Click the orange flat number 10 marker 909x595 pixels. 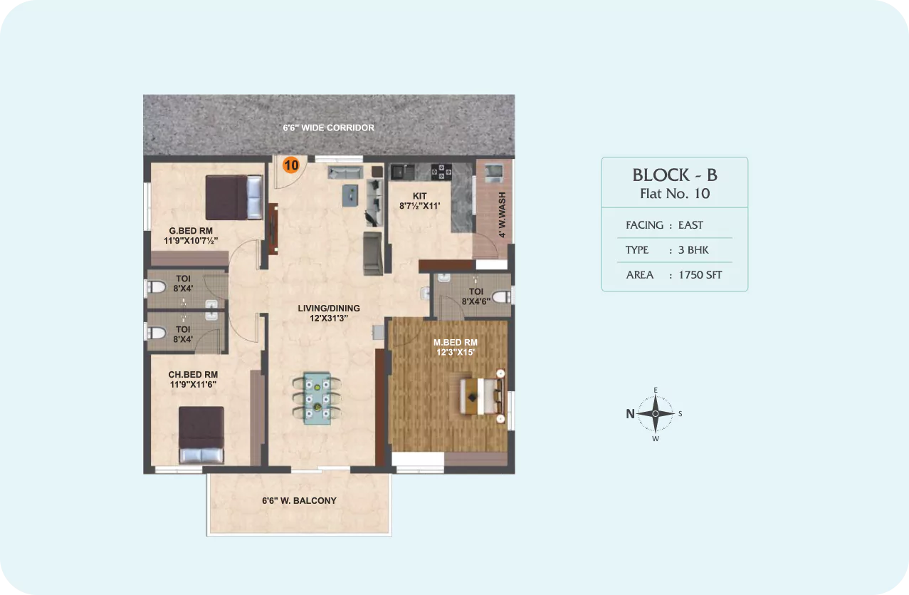pos(291,165)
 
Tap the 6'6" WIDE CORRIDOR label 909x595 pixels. pos(328,128)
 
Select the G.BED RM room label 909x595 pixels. pos(191,231)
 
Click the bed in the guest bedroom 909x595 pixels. pos(234,197)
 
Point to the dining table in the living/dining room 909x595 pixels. pos(317,398)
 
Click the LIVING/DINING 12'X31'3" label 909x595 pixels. pos(329,313)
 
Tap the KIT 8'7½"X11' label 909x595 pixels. pos(419,201)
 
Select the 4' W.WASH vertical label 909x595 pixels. pos(502,214)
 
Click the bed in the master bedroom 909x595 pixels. pos(482,396)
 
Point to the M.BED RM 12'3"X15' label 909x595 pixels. pos(456,347)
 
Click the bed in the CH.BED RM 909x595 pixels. pos(201,435)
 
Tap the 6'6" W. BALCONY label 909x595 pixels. pos(299,500)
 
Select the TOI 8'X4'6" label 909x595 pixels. pos(476,296)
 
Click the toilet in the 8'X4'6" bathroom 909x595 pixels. pos(502,296)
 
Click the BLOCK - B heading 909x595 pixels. pos(675,175)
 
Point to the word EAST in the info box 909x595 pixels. pos(690,225)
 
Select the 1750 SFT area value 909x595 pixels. pos(700,275)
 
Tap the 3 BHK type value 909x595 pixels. pos(693,250)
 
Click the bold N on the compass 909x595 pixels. pos(630,413)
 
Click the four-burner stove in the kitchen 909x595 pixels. pos(441,172)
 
